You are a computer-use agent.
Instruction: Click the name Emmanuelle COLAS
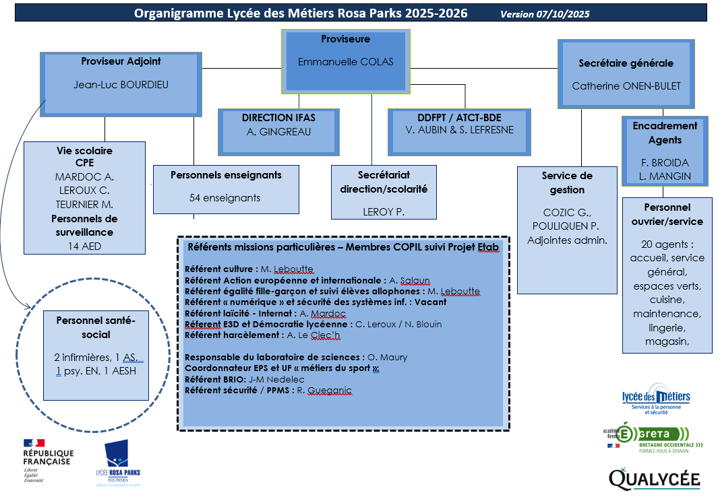click(x=345, y=62)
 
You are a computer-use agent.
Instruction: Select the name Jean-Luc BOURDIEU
click(x=121, y=85)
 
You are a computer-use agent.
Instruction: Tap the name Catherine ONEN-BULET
click(x=626, y=86)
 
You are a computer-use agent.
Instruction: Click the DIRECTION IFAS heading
click(x=278, y=117)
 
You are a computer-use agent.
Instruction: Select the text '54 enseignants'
click(x=225, y=198)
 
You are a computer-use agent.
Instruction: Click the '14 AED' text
click(x=85, y=246)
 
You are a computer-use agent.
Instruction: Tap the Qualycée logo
click(x=655, y=478)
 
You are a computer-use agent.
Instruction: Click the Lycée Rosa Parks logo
click(x=119, y=463)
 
